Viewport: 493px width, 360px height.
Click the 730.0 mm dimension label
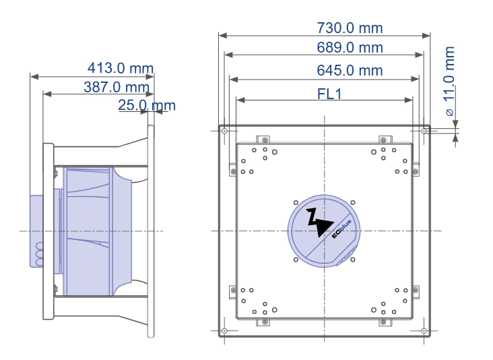pyautogui.click(x=350, y=28)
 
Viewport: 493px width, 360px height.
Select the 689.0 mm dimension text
pyautogui.click(x=350, y=48)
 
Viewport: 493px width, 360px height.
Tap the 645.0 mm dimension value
pyautogui.click(x=350, y=71)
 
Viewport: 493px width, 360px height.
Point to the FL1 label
pyautogui.click(x=329, y=94)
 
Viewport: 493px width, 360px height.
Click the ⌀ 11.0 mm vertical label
pyautogui.click(x=450, y=81)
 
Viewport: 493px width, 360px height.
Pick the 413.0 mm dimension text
pyautogui.click(x=121, y=68)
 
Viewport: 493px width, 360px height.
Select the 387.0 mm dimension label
pyautogui.click(x=117, y=87)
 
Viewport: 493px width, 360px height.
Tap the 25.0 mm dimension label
pyautogui.click(x=147, y=105)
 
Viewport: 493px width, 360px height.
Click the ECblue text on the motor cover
pyautogui.click(x=341, y=229)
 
